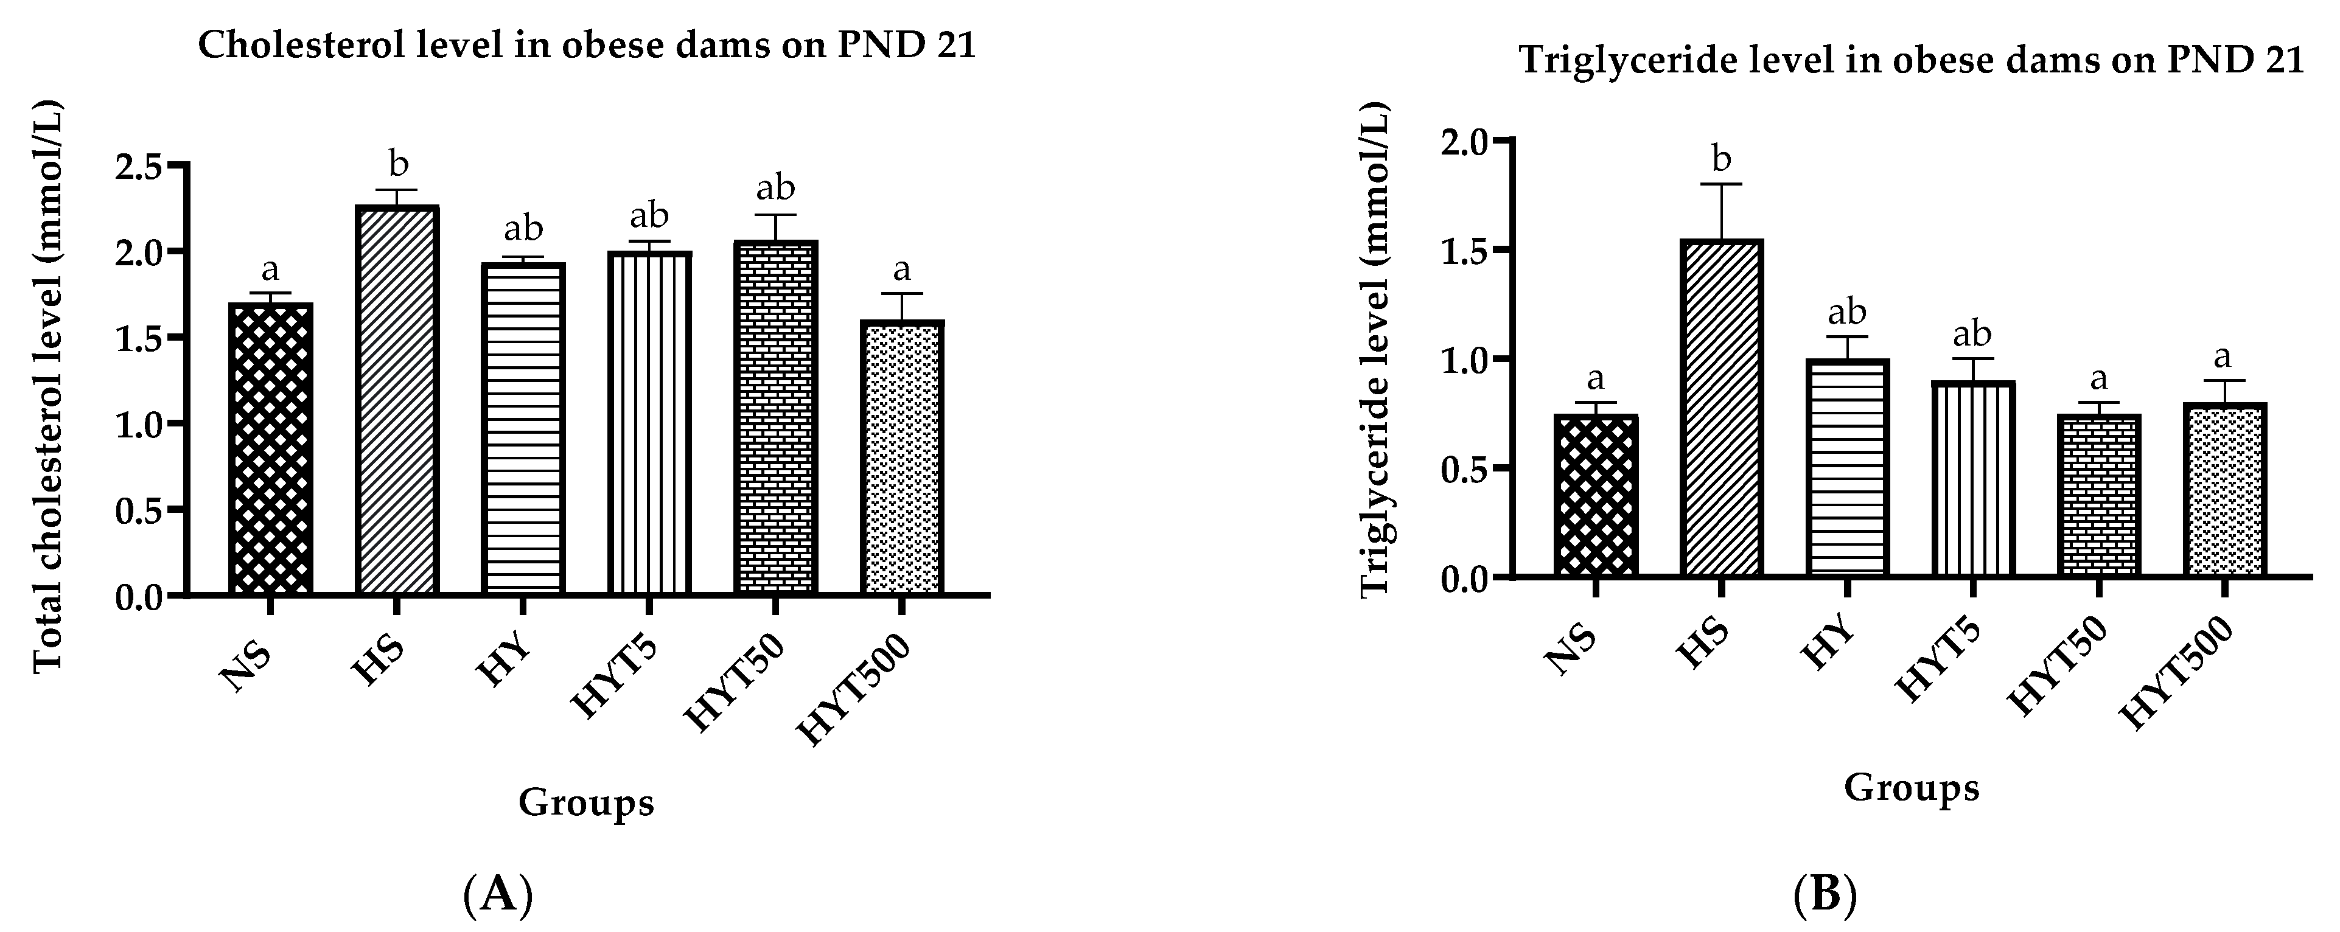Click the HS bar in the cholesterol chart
point(399,400)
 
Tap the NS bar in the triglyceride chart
point(1595,495)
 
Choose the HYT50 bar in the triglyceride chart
point(2098,495)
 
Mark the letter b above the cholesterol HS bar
point(399,164)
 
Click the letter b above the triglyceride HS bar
point(1722,158)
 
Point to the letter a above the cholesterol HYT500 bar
point(902,269)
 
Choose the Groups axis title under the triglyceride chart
point(1911,788)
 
